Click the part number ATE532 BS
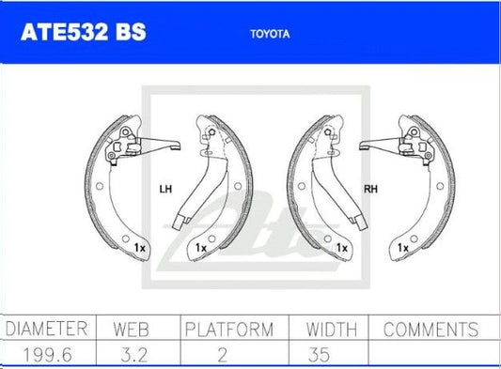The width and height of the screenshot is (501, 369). [84, 32]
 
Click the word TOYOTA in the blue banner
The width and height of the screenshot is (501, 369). [270, 34]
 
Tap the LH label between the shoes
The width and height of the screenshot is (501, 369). [165, 190]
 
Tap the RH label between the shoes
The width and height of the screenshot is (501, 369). [370, 189]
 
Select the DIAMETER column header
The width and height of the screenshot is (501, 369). [47, 329]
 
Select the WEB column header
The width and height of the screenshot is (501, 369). [131, 330]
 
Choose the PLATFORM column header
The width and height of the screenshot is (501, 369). [229, 330]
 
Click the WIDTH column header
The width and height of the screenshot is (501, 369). [332, 330]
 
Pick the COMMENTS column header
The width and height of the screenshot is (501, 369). [431, 330]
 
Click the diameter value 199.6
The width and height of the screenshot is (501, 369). [48, 355]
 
